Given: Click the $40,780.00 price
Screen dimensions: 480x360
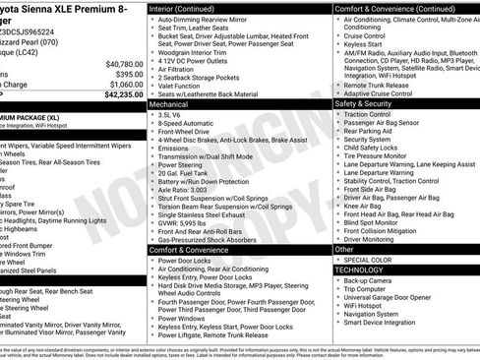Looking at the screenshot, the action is click(x=123, y=63).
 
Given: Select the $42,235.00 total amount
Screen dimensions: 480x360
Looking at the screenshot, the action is click(x=123, y=95).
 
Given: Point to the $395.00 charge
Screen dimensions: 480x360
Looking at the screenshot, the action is click(x=128, y=74).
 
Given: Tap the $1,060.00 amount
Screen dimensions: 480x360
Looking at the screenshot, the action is click(x=125, y=85).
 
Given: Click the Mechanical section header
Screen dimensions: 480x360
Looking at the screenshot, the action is click(x=169, y=102).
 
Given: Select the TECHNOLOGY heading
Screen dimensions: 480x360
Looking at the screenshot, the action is click(x=359, y=270).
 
